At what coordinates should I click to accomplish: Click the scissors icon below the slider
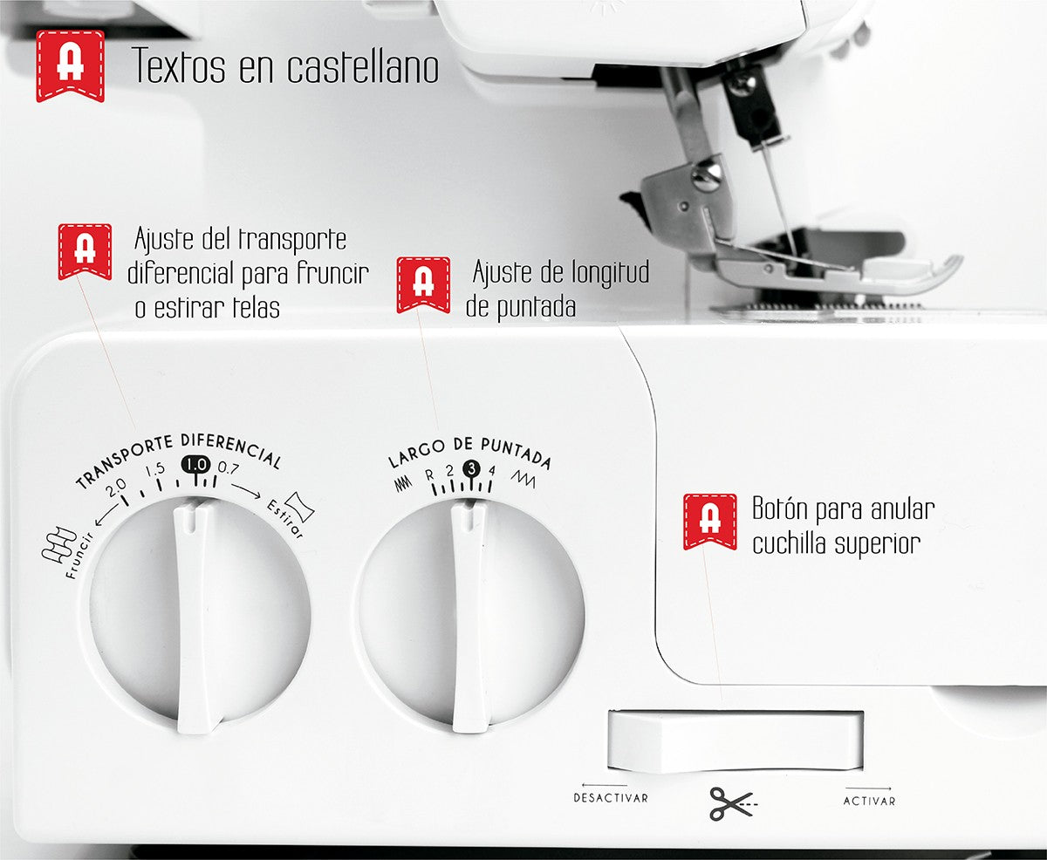pos(731,802)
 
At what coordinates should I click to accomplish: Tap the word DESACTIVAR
pos(611,797)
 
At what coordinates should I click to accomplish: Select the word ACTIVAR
pos(869,801)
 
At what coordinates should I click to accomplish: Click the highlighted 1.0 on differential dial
pos(195,466)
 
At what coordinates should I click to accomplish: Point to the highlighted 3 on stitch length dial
pos(472,469)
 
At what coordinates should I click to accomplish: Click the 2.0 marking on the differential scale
pos(116,487)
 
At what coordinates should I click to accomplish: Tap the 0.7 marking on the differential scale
pos(229,468)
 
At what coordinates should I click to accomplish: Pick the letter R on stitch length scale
pos(429,475)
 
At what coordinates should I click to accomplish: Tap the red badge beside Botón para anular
pos(709,520)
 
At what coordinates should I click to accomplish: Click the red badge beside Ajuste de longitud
pos(423,283)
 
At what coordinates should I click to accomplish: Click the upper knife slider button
pos(735,741)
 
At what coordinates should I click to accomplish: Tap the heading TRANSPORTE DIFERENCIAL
pos(178,456)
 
